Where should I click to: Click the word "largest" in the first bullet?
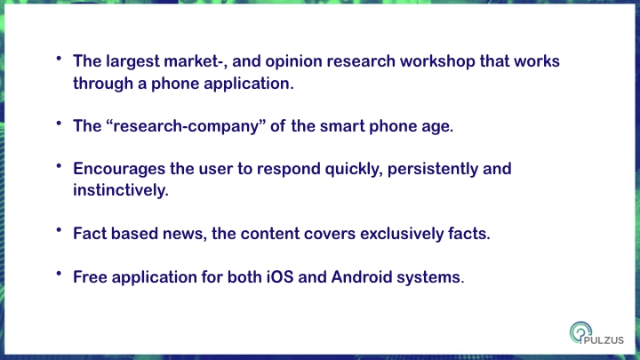[132, 61]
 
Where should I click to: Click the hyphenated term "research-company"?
[186, 126]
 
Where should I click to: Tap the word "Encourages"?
[119, 169]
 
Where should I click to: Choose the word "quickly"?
[354, 169]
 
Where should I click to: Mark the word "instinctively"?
[120, 190]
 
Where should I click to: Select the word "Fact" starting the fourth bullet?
[90, 234]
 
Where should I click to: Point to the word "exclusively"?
[402, 234]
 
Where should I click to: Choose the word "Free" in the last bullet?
[90, 276]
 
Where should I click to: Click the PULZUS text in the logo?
[604, 340]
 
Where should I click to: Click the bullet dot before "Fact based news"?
[59, 230]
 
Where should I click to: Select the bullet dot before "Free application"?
[59, 274]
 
